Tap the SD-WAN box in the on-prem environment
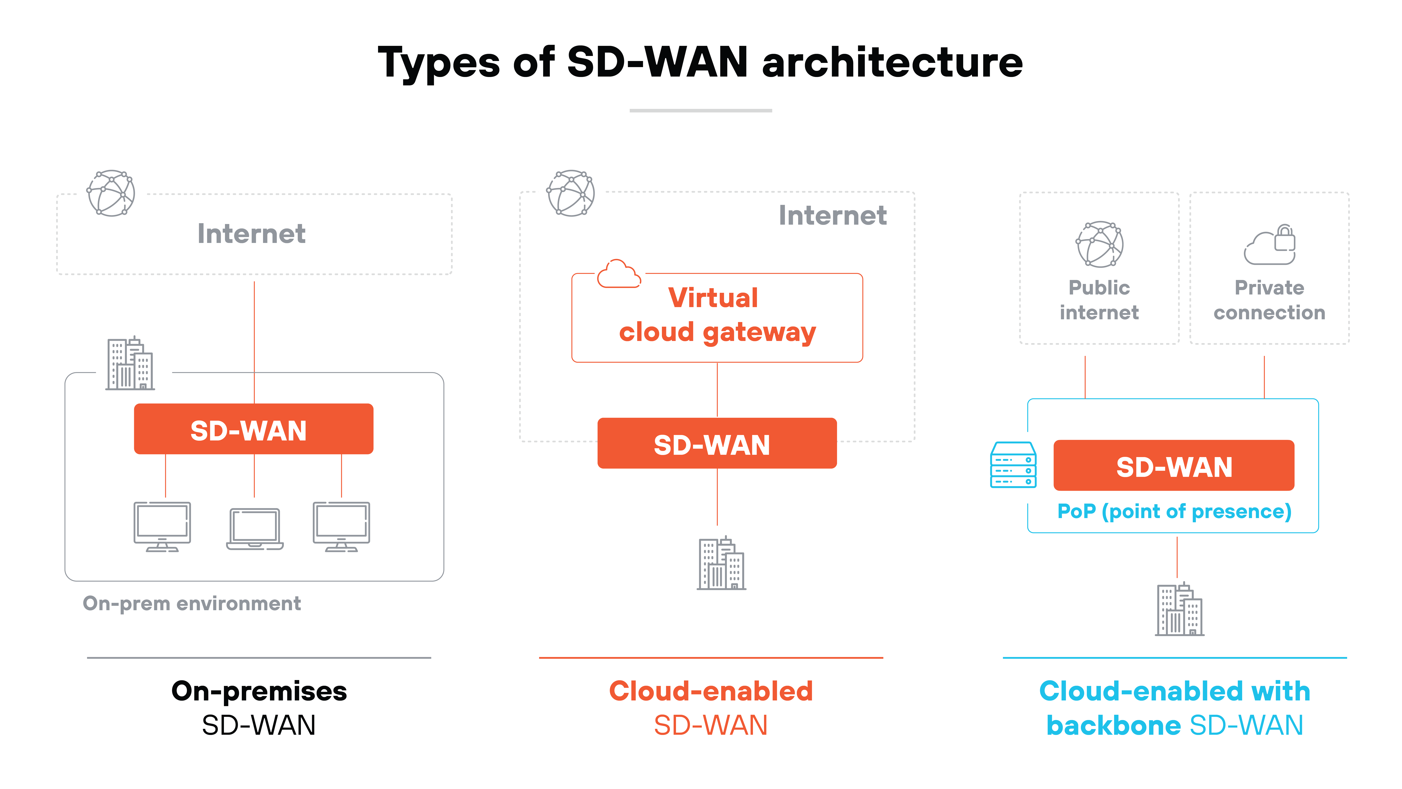point(254,429)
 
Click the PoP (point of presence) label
point(1174,511)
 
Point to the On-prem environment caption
point(192,603)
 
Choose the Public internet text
point(1099,300)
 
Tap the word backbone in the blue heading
point(1113,725)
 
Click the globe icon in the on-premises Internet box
point(111,193)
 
